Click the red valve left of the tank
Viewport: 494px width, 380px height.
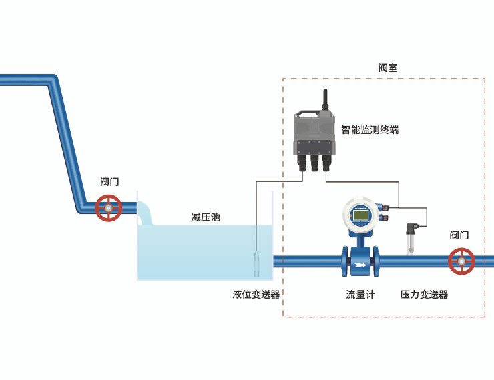click(108, 208)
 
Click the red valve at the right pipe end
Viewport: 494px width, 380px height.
click(461, 261)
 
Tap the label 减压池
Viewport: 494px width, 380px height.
click(205, 217)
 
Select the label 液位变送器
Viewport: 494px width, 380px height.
click(256, 294)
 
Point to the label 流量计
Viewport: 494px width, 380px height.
click(360, 294)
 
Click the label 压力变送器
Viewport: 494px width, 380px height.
click(424, 294)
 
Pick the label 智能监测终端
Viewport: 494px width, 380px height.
click(370, 130)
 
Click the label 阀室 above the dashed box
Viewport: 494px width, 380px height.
click(388, 68)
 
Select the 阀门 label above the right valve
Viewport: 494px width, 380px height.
click(459, 235)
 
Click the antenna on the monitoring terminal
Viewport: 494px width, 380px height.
click(325, 100)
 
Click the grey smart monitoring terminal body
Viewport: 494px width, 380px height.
click(314, 133)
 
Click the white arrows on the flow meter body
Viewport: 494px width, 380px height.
click(360, 264)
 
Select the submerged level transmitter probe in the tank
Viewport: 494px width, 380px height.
click(257, 264)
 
